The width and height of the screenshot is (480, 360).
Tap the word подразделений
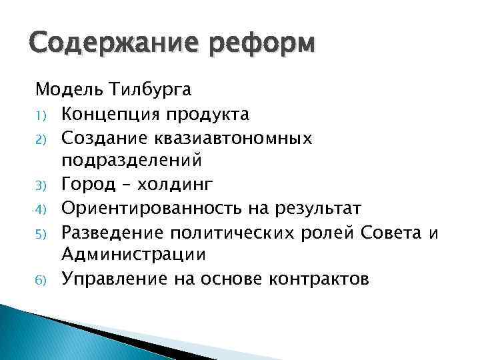click(x=141, y=161)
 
